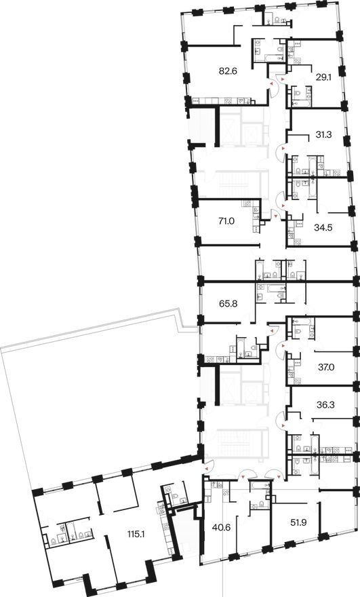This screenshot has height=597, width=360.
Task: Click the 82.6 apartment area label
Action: point(228,71)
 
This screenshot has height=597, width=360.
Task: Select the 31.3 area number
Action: point(324,134)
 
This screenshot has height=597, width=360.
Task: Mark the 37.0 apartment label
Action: point(327,368)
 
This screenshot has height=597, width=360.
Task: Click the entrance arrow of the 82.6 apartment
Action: point(272,83)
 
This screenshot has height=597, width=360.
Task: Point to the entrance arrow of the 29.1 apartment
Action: point(282,79)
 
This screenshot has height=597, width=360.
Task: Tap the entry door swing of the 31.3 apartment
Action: point(281,151)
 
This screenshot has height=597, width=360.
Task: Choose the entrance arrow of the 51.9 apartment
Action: point(280,476)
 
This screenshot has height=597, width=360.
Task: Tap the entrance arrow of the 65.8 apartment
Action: point(272,331)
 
